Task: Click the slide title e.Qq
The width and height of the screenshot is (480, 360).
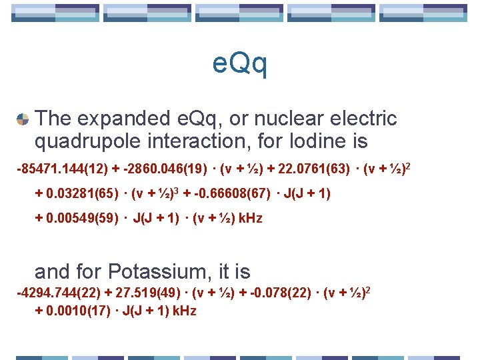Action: point(240,64)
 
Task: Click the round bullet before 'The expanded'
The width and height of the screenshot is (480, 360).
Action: point(23,119)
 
